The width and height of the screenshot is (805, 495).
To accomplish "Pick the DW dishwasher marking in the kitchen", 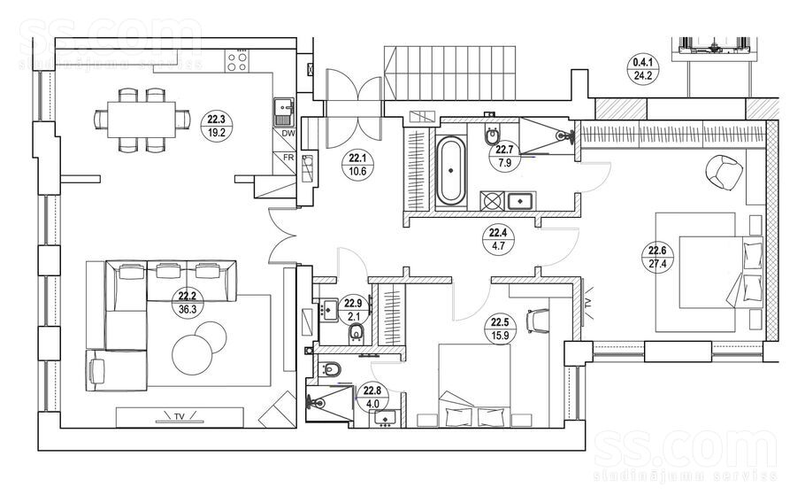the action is point(288,134).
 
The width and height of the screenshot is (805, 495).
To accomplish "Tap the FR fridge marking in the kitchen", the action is point(288,158).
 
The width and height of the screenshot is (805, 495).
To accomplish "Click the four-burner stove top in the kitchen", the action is point(237,60).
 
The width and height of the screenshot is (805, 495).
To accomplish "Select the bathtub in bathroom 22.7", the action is point(451,170).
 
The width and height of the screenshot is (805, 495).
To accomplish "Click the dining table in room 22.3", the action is point(142,120).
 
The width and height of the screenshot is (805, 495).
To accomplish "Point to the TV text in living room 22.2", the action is point(180,415).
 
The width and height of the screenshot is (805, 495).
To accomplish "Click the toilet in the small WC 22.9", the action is point(356,333).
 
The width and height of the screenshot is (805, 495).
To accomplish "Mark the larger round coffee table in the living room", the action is point(192,355).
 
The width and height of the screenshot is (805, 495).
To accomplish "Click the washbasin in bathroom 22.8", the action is point(385,419).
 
